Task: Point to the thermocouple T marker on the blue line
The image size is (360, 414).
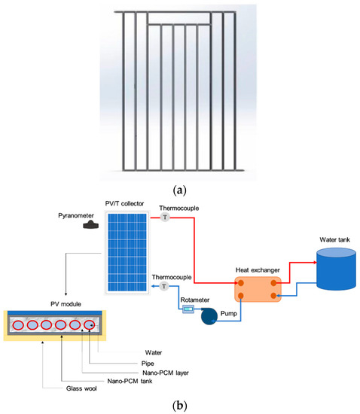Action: pos(163,287)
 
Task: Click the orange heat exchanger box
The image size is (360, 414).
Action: pos(257,290)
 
